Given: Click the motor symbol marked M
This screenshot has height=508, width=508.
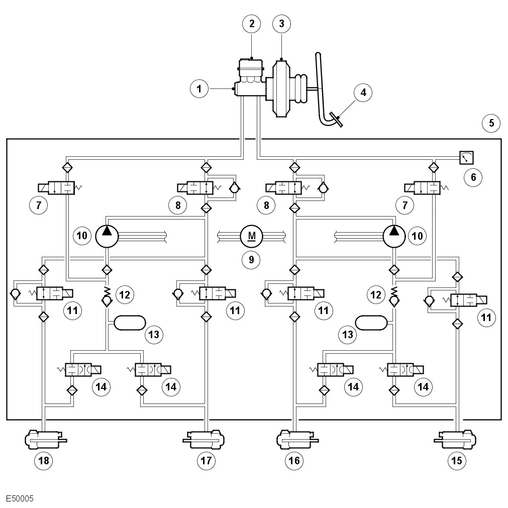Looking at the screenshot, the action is (x=252, y=236).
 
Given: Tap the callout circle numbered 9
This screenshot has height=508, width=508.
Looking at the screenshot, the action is (x=251, y=260).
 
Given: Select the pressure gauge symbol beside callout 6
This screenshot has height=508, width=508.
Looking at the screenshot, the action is (x=466, y=158).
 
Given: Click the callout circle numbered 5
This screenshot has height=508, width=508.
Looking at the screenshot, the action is (x=491, y=123).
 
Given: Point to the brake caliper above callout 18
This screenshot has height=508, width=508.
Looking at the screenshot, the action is (x=45, y=439).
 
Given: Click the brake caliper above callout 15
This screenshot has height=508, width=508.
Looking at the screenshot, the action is (x=455, y=439).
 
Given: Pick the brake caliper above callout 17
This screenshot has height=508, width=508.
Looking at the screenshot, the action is (x=204, y=439).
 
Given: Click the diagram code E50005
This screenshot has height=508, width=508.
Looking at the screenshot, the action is (x=20, y=498).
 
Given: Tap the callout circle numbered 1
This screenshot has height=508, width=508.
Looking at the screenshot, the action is (x=199, y=88).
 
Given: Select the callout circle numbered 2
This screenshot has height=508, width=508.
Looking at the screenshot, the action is (x=252, y=23).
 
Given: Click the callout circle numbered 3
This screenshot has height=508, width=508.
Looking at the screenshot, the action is (x=281, y=23).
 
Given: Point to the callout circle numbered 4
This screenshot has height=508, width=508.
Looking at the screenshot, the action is (x=363, y=92).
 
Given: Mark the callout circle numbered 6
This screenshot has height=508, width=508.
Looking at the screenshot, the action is (x=473, y=177).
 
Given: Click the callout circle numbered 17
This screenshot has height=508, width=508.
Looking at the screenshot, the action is (x=206, y=460).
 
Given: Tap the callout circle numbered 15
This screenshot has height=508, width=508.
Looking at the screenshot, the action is (x=457, y=460).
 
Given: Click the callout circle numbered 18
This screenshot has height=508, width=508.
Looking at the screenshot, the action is (x=43, y=460).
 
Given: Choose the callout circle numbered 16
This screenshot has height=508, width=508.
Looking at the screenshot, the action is (x=294, y=460).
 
